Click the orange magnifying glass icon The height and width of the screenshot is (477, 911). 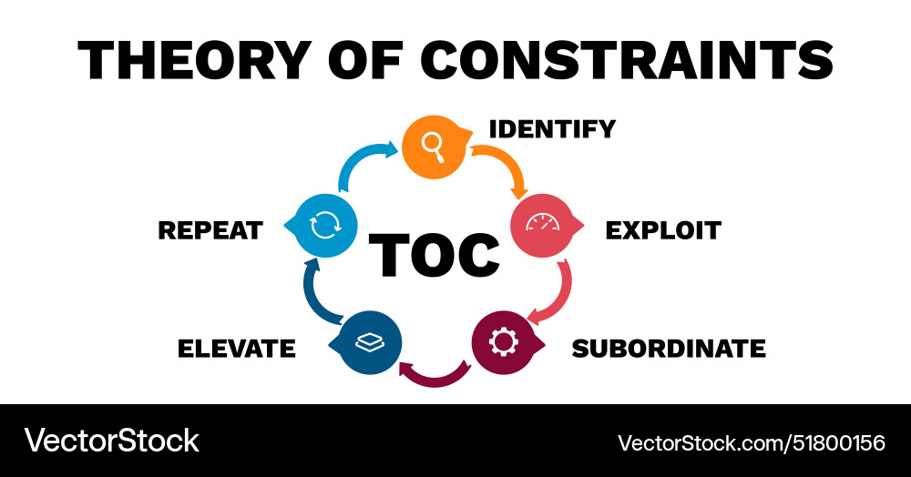tap(434, 145)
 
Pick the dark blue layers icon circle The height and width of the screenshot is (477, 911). tap(370, 342)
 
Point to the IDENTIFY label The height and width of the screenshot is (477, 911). tap(552, 129)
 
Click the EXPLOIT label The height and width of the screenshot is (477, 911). tap(662, 230)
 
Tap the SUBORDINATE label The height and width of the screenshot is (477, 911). tap(668, 348)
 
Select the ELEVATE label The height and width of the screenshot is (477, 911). tap(236, 348)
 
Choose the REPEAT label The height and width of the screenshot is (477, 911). tap(210, 230)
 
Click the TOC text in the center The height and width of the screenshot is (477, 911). tap(435, 254)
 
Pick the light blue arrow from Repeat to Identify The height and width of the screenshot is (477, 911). tap(364, 164)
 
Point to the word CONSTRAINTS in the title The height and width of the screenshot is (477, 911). tap(630, 60)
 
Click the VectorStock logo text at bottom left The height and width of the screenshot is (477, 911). tap(111, 441)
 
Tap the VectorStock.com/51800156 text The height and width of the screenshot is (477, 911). tap(752, 442)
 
